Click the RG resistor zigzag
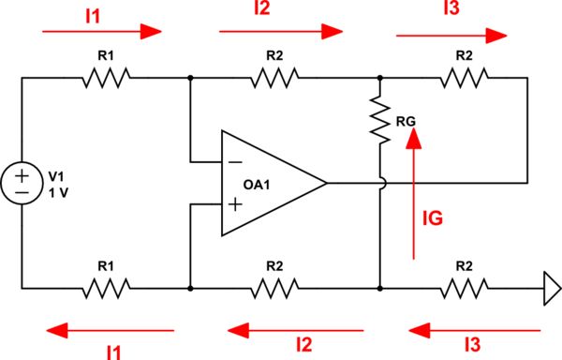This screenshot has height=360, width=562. pyautogui.click(x=380, y=121)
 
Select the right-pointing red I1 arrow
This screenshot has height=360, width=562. pyautogui.click(x=103, y=31)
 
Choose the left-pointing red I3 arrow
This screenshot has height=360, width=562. pyautogui.click(x=474, y=329)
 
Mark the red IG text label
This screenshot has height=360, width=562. pyautogui.click(x=432, y=218)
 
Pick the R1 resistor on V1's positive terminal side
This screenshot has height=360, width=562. pyautogui.click(x=106, y=79)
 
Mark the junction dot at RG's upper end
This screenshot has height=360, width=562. pyautogui.click(x=380, y=79)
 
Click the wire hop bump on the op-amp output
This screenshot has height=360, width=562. pyautogui.click(x=380, y=182)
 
